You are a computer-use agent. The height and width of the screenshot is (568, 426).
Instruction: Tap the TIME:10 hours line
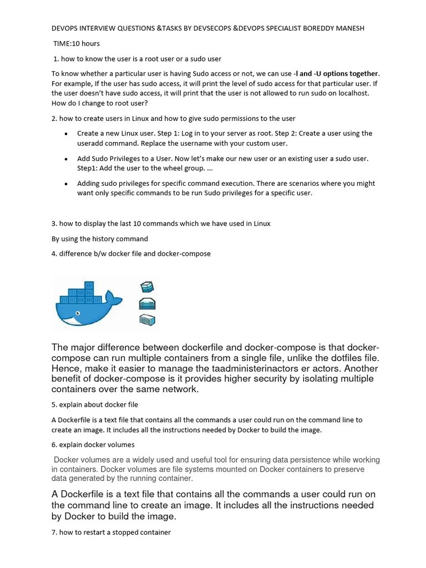(77, 43)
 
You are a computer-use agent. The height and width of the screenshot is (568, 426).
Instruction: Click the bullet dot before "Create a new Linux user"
(66, 134)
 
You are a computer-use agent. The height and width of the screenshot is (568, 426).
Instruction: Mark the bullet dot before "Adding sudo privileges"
(66, 184)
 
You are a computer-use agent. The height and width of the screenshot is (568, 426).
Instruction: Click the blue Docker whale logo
(83, 305)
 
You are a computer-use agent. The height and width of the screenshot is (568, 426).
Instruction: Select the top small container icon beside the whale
(147, 287)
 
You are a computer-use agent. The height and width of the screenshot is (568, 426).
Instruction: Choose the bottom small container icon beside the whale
(147, 319)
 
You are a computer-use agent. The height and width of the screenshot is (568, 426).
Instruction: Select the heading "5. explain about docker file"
(95, 404)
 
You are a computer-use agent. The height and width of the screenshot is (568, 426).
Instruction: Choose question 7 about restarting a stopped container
(111, 532)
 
